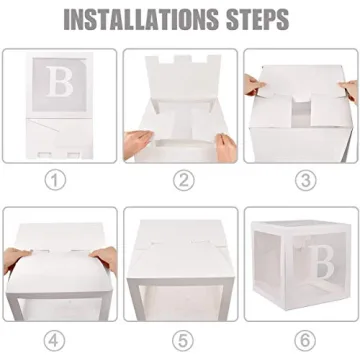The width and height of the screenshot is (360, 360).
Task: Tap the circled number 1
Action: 58,180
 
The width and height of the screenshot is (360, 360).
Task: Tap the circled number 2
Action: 180,180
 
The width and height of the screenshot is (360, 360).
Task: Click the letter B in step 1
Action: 57,80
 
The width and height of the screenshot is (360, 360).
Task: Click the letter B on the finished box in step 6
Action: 322,263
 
